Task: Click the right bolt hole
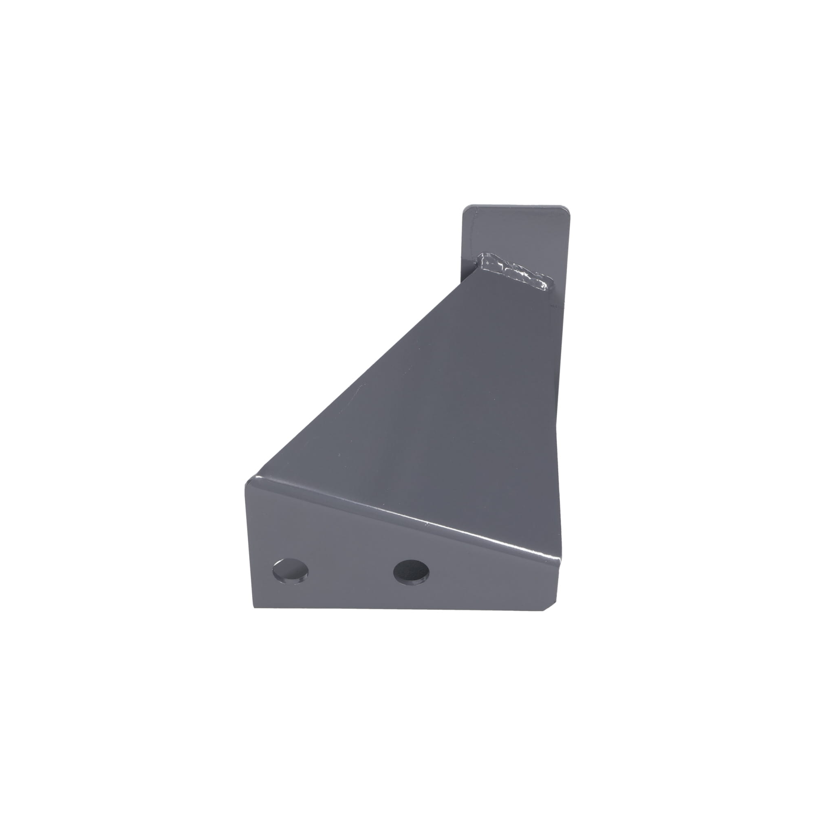click(x=411, y=572)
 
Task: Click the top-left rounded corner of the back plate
click(x=467, y=209)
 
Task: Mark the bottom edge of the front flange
click(x=401, y=608)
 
